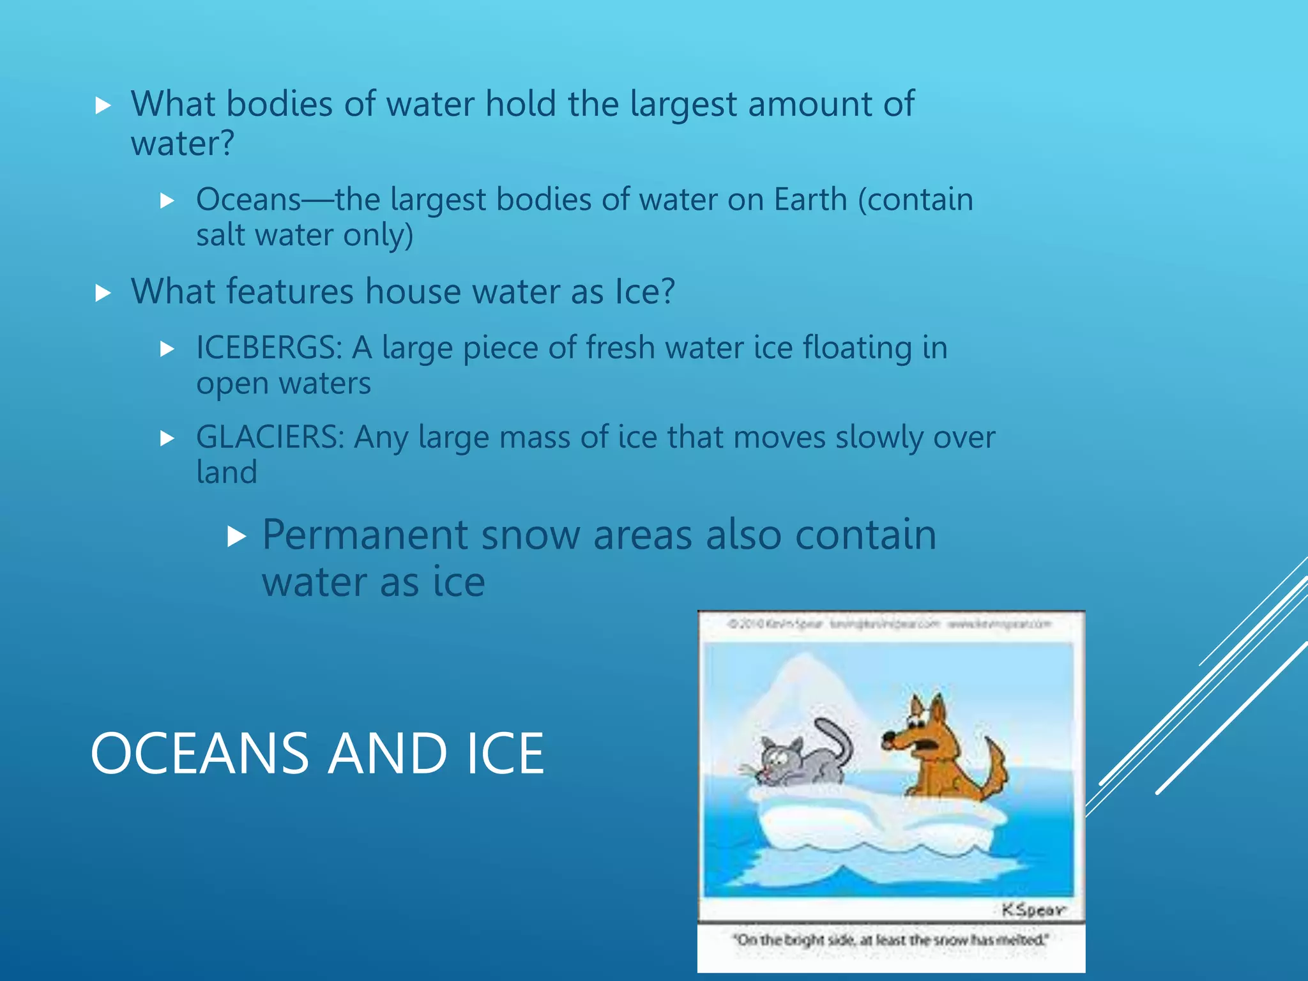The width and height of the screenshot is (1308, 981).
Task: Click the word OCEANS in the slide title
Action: click(x=200, y=754)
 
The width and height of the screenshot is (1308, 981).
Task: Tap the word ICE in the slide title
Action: click(x=505, y=754)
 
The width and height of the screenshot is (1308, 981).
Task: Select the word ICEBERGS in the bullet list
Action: click(x=269, y=348)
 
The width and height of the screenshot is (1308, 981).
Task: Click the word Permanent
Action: click(x=365, y=535)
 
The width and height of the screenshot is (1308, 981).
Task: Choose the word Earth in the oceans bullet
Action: click(x=810, y=200)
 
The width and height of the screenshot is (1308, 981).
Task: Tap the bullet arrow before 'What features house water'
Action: click(x=103, y=293)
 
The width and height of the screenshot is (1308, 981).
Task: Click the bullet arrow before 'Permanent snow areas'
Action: click(x=236, y=536)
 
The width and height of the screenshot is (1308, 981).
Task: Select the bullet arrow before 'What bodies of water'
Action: click(x=103, y=105)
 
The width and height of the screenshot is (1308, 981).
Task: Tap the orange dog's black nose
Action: click(x=888, y=739)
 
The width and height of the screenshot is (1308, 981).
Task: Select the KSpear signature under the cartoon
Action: click(x=1032, y=909)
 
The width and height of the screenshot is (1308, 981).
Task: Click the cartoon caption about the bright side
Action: click(x=890, y=940)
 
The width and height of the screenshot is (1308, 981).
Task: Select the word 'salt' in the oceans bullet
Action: click(x=220, y=235)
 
